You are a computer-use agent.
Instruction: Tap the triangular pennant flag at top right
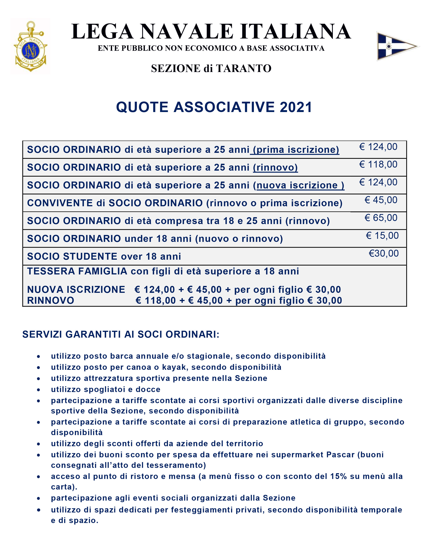point(396,46)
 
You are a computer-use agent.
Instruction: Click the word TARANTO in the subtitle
point(244,69)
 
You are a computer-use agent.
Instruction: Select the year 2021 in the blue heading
point(296,107)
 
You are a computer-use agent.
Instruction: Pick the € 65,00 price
point(381,218)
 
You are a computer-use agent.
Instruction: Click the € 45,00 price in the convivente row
point(381,200)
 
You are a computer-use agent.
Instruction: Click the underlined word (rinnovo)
point(276,168)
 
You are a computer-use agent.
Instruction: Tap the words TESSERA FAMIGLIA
point(77,271)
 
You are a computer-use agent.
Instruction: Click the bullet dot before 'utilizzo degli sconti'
point(38,444)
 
